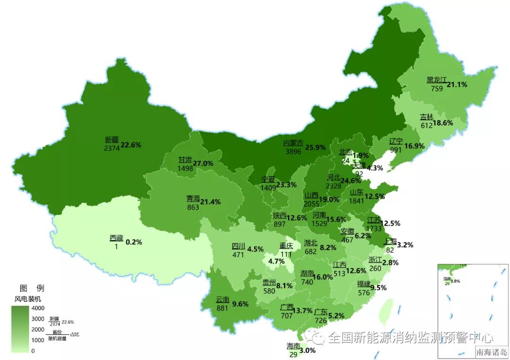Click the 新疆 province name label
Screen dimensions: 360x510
click(x=112, y=140)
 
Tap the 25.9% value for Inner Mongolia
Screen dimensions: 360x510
click(x=315, y=147)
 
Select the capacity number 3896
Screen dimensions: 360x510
click(x=293, y=151)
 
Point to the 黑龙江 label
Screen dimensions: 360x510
click(x=436, y=80)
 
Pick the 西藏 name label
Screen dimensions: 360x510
click(x=116, y=238)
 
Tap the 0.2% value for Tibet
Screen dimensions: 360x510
click(x=134, y=242)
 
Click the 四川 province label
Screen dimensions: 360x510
click(x=238, y=246)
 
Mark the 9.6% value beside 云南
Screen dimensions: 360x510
click(x=240, y=304)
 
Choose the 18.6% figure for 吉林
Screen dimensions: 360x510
click(x=443, y=123)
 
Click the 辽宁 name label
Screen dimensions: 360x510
click(x=396, y=142)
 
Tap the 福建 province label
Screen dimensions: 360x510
click(x=364, y=284)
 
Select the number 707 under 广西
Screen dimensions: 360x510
click(x=287, y=315)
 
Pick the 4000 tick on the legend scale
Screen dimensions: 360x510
click(x=38, y=308)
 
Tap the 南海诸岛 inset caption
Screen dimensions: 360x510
click(x=491, y=352)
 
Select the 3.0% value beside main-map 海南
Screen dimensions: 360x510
click(x=307, y=350)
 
